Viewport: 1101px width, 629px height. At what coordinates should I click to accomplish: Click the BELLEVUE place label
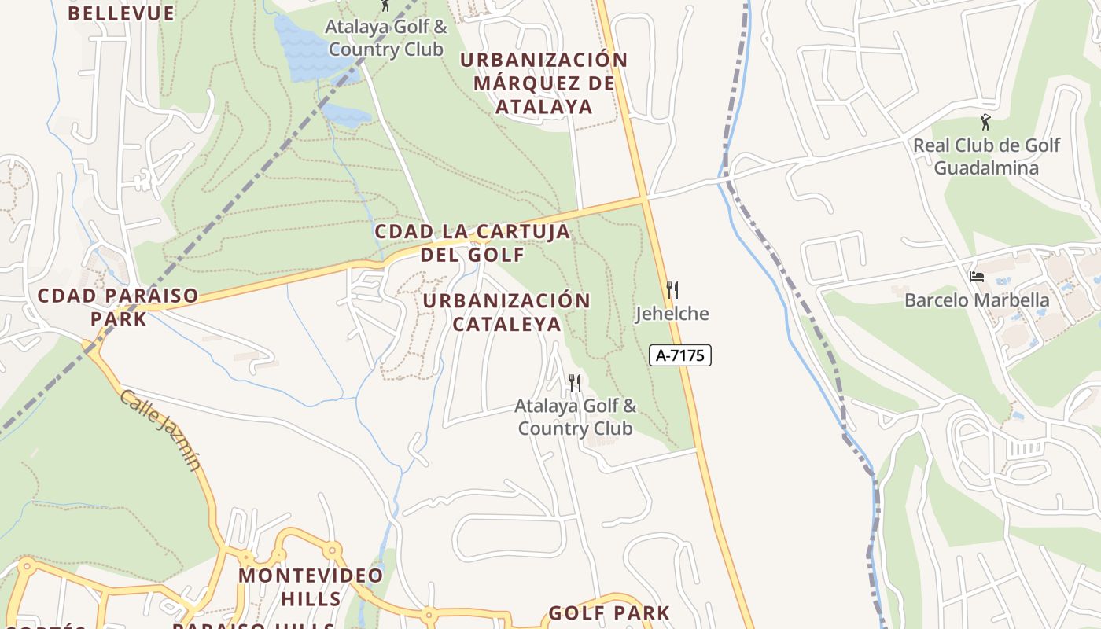(120, 13)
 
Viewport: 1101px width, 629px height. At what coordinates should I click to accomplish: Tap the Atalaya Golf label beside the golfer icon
(387, 38)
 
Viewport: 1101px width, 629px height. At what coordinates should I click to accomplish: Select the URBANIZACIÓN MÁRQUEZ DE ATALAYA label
(543, 83)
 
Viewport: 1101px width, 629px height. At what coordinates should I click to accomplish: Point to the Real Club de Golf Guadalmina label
(986, 156)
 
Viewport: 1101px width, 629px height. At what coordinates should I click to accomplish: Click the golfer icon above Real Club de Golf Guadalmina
(985, 122)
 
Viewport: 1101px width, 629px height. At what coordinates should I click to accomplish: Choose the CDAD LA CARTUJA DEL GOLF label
(472, 243)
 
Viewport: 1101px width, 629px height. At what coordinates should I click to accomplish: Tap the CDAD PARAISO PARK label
(118, 307)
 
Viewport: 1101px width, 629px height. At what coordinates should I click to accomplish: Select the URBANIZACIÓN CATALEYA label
(506, 312)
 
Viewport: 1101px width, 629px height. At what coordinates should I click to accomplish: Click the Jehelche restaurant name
(672, 314)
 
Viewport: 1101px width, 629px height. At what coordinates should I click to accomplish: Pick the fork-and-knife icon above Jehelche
(672, 289)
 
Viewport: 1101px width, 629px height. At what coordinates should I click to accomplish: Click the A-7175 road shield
(680, 355)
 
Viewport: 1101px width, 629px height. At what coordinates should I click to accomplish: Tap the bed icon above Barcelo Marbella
(977, 276)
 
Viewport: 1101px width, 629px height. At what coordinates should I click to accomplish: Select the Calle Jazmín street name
(161, 429)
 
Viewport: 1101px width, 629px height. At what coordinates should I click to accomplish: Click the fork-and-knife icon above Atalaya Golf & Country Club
(575, 383)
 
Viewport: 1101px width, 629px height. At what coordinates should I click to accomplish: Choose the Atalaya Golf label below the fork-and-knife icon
(575, 417)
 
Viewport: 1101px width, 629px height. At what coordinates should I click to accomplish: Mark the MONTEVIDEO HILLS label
(311, 587)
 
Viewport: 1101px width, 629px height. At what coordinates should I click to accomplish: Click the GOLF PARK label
(609, 613)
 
